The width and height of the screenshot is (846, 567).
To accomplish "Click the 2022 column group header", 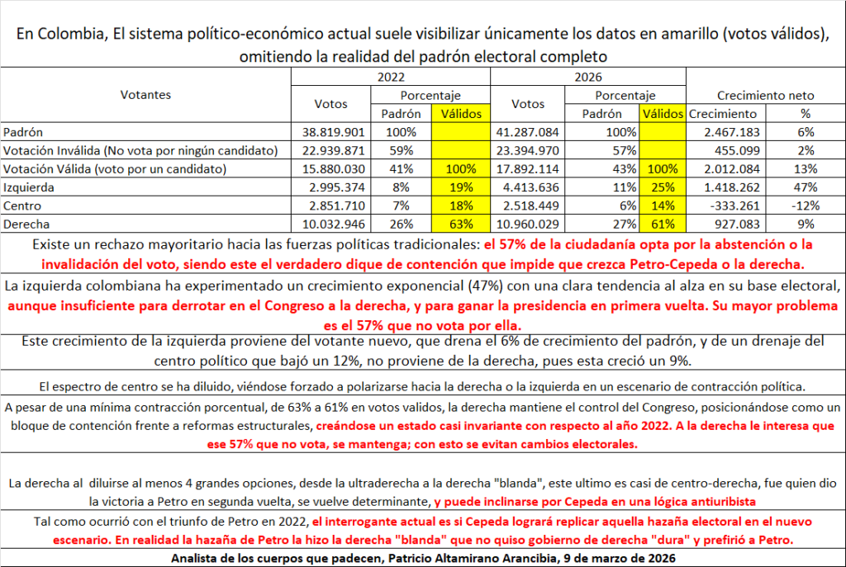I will point(391,76).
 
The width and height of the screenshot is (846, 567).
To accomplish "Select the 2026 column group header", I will point(587,76).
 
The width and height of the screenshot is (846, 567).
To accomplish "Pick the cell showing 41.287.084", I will point(527,132).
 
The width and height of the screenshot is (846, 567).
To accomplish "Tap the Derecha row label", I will point(26,224).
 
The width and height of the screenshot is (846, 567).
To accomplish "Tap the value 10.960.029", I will point(527,224).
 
